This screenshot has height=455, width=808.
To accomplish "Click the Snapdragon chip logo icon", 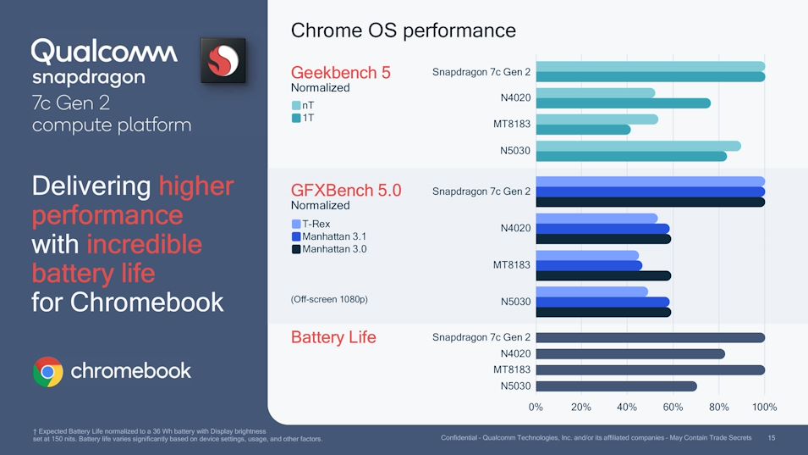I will [x=223, y=60].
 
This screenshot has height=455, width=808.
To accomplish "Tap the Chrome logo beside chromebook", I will [x=47, y=371].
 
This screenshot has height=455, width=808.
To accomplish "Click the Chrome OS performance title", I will [x=403, y=31].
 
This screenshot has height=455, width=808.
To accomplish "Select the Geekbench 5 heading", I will [x=340, y=72].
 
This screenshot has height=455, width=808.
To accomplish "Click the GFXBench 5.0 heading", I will [x=345, y=191].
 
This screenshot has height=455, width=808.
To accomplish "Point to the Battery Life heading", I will [x=333, y=337].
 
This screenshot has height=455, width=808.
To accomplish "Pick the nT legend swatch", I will [x=296, y=105].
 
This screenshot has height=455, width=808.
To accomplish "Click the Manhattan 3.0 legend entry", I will [x=329, y=249].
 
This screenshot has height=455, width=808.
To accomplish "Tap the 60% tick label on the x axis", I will [x=673, y=407].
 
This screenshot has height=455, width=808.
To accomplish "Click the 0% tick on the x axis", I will [x=536, y=407].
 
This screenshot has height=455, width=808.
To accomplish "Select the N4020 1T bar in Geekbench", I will [x=623, y=103].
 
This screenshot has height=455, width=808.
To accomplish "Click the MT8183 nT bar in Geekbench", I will [x=596, y=119].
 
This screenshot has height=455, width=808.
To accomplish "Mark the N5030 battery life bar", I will [x=616, y=386].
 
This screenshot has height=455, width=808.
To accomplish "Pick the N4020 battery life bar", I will [x=629, y=353].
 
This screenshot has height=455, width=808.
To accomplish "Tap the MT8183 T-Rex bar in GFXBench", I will [x=587, y=255].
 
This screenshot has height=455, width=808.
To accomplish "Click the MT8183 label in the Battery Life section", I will [x=512, y=369].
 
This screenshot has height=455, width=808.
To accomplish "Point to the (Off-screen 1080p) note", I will [x=329, y=299].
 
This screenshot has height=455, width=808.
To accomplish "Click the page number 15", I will [x=771, y=437].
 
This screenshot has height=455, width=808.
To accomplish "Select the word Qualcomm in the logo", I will [x=104, y=52].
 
